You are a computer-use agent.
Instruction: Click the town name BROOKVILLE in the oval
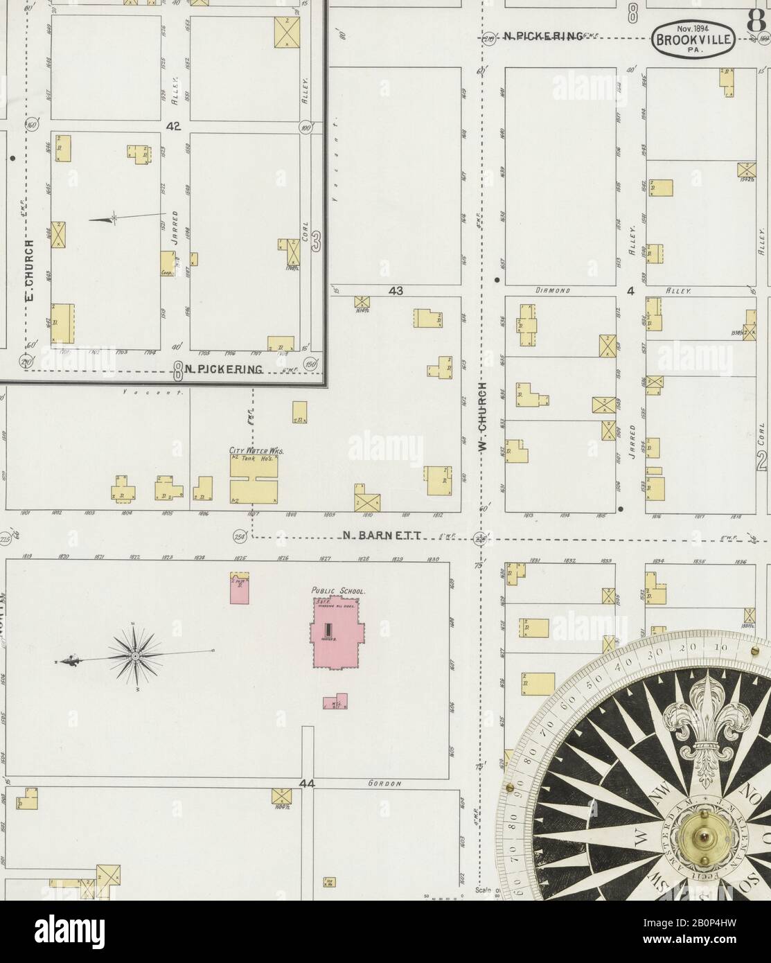pyautogui.click(x=693, y=39)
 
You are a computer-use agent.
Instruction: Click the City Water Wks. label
pyautogui.click(x=256, y=450)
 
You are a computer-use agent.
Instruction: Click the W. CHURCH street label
pyautogui.click(x=484, y=417)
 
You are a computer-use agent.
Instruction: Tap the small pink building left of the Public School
pyautogui.click(x=240, y=588)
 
